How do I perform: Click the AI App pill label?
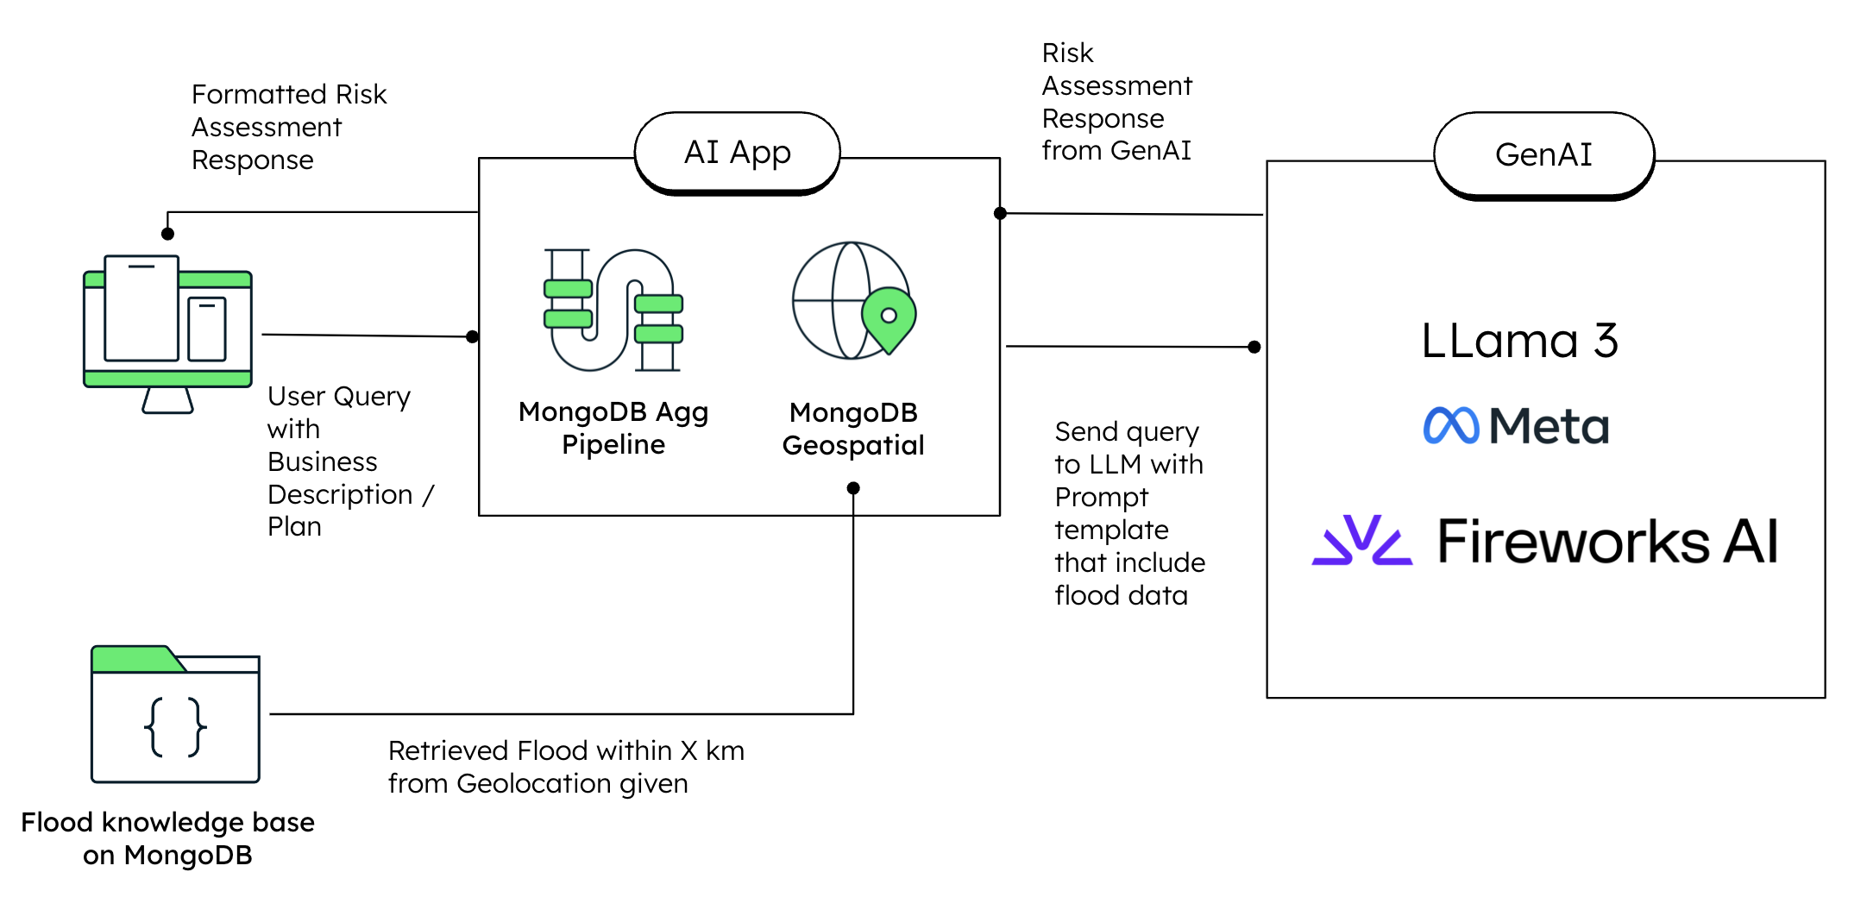pyautogui.click(x=737, y=152)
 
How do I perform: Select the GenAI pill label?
pyautogui.click(x=1543, y=154)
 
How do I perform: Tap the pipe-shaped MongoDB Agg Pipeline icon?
pyautogui.click(x=613, y=311)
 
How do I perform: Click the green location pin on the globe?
pyautogui.click(x=889, y=318)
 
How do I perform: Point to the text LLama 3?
pyautogui.click(x=1518, y=341)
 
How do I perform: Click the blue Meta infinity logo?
pyautogui.click(x=1450, y=425)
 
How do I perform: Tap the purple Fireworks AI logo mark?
pyautogui.click(x=1361, y=541)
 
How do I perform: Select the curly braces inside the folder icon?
pyautogui.click(x=175, y=727)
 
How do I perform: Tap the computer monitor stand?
pyautogui.click(x=167, y=400)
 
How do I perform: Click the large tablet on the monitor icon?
pyautogui.click(x=141, y=308)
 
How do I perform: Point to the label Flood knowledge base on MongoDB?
pyautogui.click(x=167, y=838)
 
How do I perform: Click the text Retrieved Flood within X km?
pyautogui.click(x=565, y=750)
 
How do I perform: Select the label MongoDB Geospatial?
pyautogui.click(x=852, y=429)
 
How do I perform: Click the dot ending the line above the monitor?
pyautogui.click(x=168, y=234)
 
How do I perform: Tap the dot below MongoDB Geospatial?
pyautogui.click(x=853, y=488)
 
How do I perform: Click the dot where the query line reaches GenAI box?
pyautogui.click(x=1254, y=347)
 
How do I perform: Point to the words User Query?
pyautogui.click(x=338, y=396)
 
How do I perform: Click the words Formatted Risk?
pyautogui.click(x=288, y=94)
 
